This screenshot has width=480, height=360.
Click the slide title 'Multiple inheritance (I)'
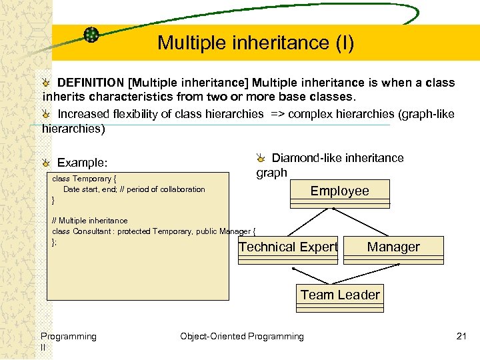[x=255, y=43]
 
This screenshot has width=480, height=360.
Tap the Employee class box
[x=339, y=191]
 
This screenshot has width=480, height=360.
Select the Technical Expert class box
[x=288, y=247]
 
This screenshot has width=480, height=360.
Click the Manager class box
[x=393, y=247]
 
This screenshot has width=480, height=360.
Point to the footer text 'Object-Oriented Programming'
[x=241, y=337]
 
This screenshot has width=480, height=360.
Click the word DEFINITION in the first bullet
[x=91, y=83]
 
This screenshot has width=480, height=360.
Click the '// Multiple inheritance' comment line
[x=90, y=221]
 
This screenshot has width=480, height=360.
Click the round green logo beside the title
[x=91, y=35]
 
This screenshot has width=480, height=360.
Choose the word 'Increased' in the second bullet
[x=83, y=114]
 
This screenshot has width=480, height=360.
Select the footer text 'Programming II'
[x=68, y=341]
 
